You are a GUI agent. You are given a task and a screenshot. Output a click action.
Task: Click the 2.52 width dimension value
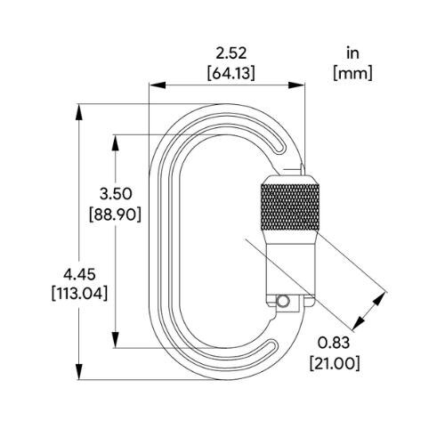click(231, 53)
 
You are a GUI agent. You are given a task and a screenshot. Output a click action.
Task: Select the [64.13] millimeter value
click(231, 73)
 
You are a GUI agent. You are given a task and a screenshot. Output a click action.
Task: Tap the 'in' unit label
click(352, 53)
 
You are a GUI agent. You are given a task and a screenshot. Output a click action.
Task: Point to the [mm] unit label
click(352, 73)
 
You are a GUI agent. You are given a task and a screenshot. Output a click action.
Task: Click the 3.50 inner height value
click(116, 194)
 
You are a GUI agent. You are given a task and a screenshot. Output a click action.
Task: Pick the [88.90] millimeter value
click(116, 214)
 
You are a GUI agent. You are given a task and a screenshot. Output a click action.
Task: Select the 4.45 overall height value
click(79, 274)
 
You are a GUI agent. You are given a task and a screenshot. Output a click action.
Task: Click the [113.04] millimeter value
click(79, 294)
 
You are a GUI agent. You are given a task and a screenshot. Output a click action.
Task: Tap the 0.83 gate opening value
click(334, 344)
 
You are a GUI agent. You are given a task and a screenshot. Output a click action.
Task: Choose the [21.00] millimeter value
click(335, 363)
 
